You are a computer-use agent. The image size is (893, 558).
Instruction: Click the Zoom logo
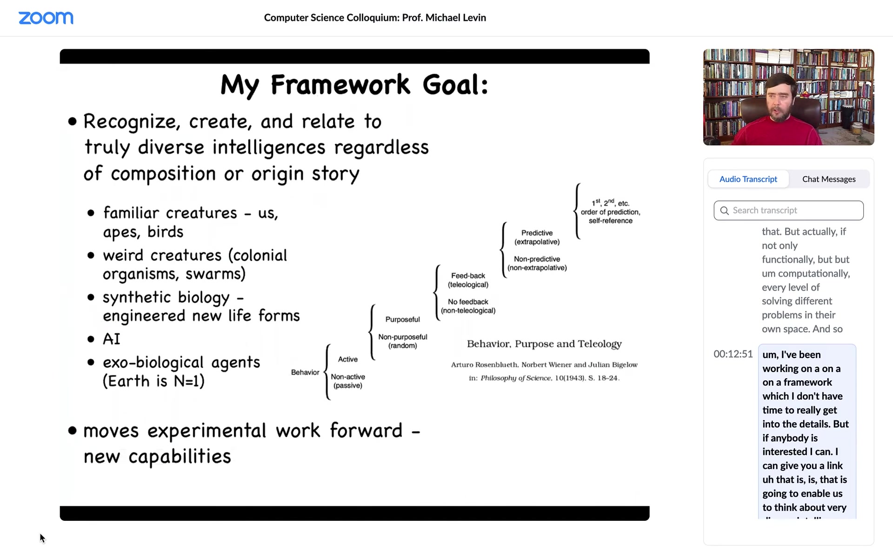tap(46, 18)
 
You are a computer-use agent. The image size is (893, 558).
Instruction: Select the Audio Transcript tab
tap(748, 179)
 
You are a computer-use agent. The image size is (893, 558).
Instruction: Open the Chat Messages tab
tap(829, 179)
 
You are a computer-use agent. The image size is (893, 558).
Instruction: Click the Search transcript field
tap(788, 211)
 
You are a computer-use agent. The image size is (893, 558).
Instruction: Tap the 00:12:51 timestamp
tap(733, 354)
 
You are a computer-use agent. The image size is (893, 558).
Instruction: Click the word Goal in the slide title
tap(455, 85)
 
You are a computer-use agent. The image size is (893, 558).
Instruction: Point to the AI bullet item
tap(112, 339)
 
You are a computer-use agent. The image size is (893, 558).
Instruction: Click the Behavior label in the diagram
tap(305, 372)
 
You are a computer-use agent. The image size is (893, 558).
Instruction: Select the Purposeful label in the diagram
tap(402, 319)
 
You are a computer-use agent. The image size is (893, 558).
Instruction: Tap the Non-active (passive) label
tap(348, 381)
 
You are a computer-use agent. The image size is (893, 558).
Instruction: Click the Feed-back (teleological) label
tap(468, 280)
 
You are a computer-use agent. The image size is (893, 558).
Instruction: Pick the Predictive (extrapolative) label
tap(537, 237)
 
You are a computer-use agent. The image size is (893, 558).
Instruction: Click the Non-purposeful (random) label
tap(403, 341)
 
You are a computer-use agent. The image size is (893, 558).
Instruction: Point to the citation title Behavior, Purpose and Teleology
tap(544, 344)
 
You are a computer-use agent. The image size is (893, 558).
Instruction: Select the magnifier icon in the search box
tap(724, 211)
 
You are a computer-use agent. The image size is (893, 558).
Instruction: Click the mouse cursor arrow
tap(42, 538)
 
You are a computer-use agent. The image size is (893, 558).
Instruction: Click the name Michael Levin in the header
tap(456, 18)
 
